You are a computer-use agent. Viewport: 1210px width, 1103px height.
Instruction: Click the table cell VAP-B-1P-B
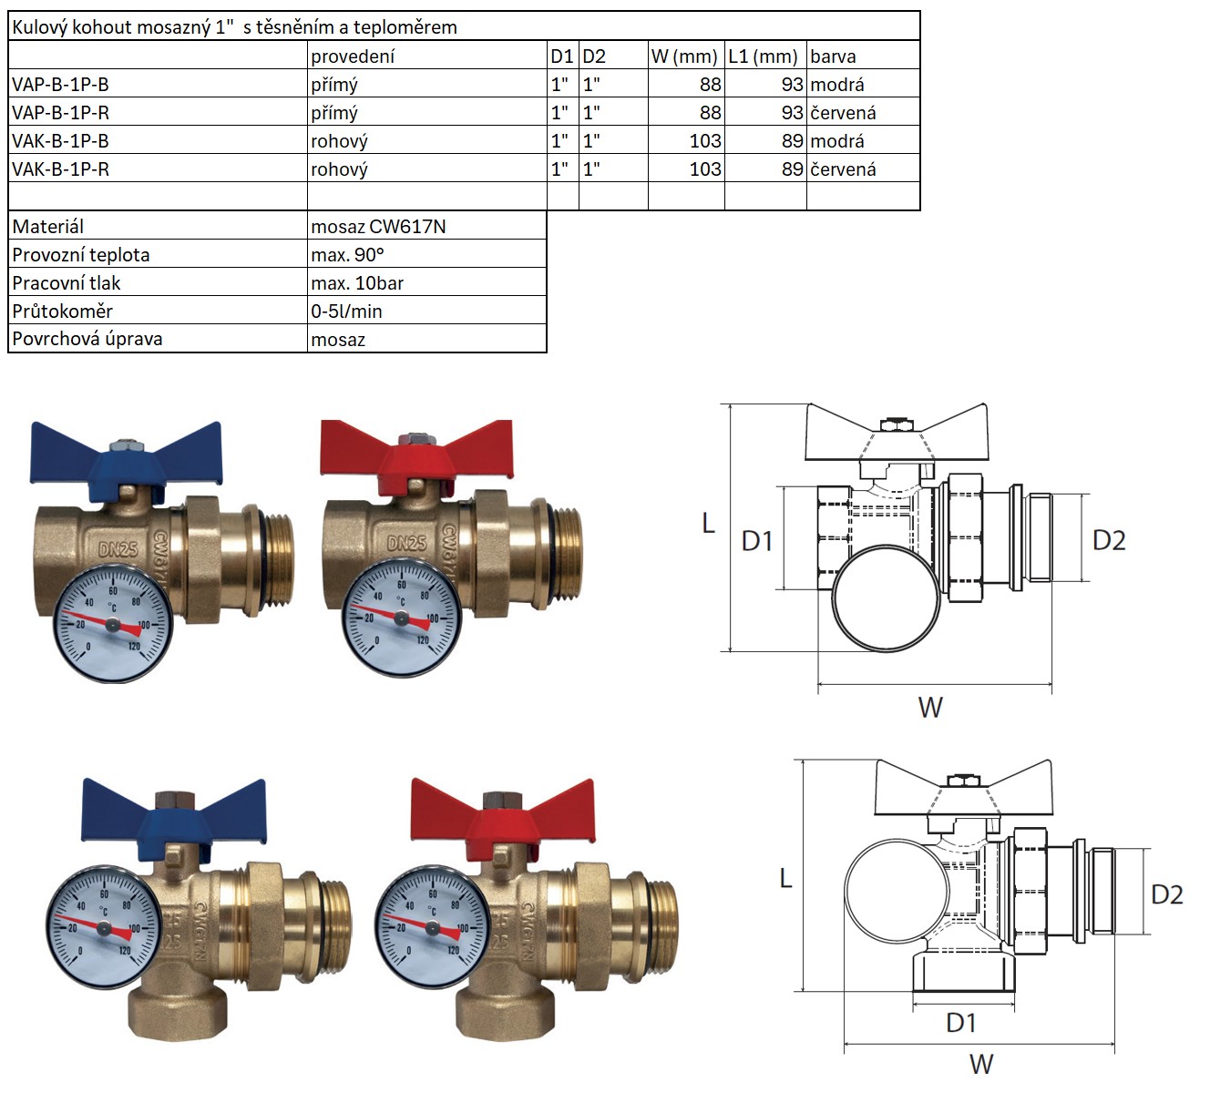60,85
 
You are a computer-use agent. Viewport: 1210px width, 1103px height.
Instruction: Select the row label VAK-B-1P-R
60,169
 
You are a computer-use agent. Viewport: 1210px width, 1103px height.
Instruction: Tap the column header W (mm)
684,56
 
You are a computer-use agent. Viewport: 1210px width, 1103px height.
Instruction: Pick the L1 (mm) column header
764,56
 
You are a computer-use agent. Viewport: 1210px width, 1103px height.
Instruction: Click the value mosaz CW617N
378,227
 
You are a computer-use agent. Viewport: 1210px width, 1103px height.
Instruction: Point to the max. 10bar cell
357,283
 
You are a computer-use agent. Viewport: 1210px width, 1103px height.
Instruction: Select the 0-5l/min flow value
346,311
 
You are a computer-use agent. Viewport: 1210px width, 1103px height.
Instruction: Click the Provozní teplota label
80,255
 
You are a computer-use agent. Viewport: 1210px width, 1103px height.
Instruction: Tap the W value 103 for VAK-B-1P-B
705,141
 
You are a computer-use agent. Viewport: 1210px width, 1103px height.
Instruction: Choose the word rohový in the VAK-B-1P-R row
339,169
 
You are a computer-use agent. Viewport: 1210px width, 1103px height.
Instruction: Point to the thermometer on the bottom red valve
432,929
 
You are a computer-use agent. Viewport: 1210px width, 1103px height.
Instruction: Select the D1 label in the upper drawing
757,542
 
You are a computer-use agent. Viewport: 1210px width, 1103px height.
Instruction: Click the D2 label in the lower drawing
1167,894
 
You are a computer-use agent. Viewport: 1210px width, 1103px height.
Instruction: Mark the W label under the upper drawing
930,708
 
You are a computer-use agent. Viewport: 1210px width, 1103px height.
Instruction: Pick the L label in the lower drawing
785,879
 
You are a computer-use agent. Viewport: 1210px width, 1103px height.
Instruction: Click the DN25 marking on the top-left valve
118,548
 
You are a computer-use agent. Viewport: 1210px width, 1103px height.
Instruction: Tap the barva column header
833,56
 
